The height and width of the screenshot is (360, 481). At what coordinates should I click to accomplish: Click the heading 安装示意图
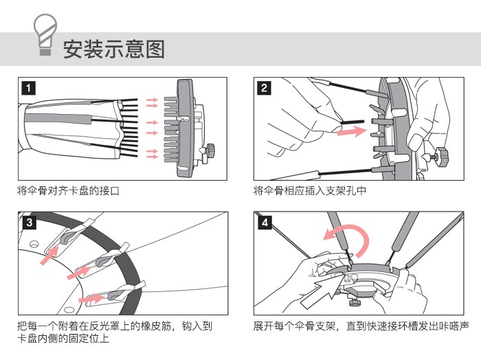(x=114, y=49)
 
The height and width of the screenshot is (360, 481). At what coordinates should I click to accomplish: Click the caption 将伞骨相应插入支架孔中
(x=309, y=190)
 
